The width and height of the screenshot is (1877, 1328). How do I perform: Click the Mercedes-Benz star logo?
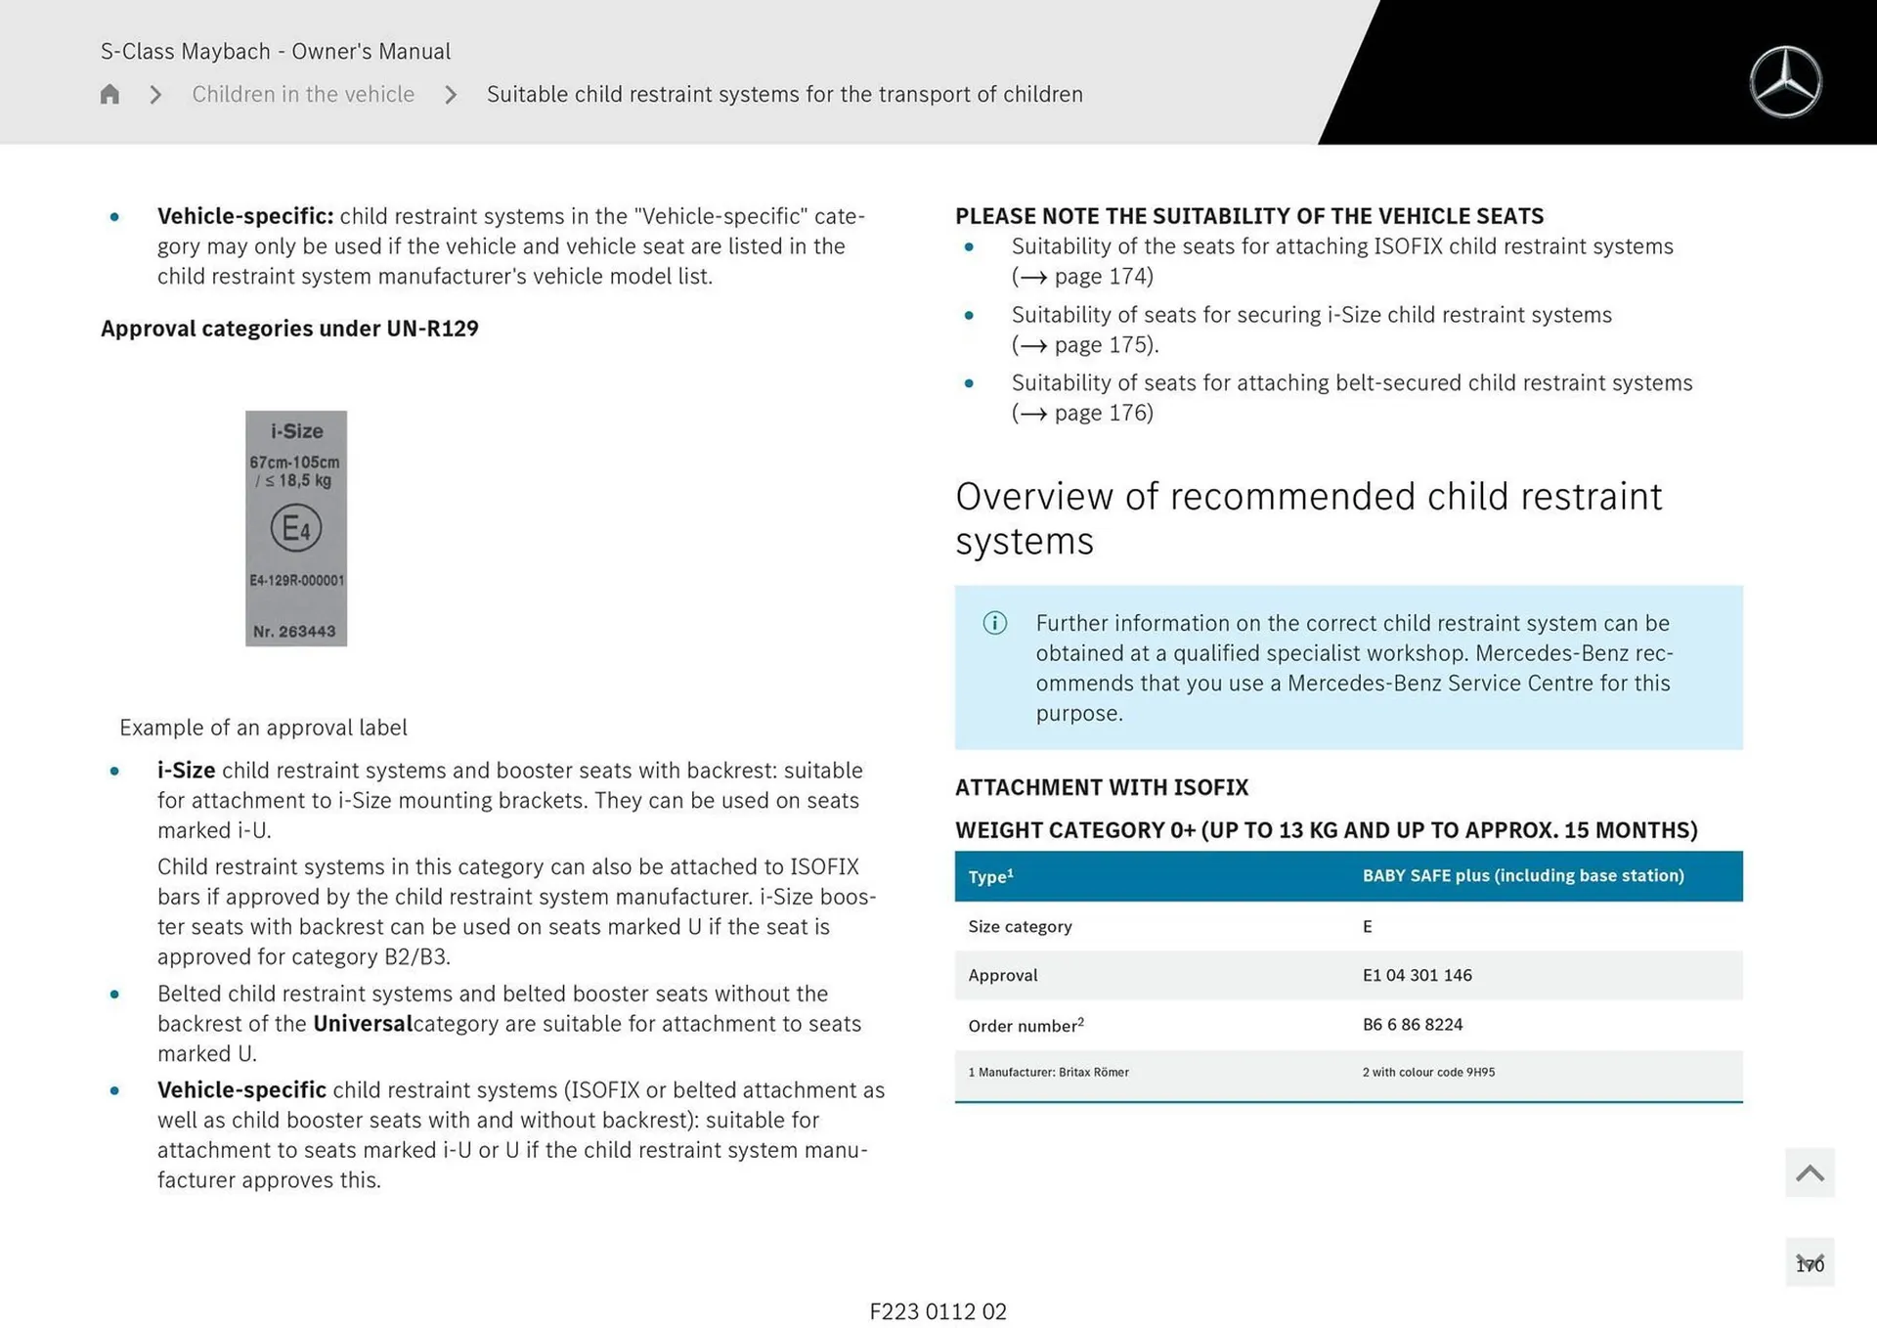click(1785, 82)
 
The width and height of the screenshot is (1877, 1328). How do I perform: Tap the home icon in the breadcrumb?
click(109, 94)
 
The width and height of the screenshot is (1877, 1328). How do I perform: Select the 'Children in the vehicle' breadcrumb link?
click(303, 94)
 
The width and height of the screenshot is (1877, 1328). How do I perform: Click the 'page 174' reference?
click(1103, 277)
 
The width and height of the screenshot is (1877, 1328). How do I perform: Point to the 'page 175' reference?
click(1103, 345)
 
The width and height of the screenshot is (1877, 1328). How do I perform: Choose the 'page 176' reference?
click(1103, 414)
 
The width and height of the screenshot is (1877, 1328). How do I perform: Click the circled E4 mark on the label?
click(296, 528)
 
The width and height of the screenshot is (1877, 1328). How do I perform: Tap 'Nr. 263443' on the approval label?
click(294, 632)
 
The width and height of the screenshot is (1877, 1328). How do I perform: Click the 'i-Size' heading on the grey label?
click(296, 431)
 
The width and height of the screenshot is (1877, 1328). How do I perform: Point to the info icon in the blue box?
click(994, 623)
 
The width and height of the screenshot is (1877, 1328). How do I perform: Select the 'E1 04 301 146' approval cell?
click(1417, 975)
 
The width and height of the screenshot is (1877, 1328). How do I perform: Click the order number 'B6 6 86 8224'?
click(1413, 1024)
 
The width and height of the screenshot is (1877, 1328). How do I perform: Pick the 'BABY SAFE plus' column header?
click(1522, 875)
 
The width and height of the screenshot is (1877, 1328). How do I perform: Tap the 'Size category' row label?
click(1020, 926)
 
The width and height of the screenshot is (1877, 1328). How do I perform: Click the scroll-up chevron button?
click(1809, 1173)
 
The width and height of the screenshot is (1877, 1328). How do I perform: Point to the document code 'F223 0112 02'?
click(938, 1311)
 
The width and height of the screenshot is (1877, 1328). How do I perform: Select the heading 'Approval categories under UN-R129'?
click(289, 329)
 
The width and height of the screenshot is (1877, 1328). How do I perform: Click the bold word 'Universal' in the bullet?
click(363, 1024)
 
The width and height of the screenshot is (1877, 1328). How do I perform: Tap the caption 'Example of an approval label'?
click(263, 728)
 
